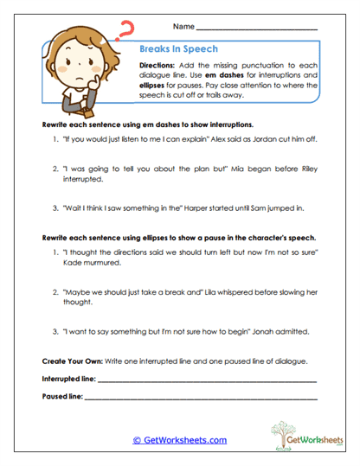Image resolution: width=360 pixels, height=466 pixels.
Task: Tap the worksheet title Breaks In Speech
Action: point(177,49)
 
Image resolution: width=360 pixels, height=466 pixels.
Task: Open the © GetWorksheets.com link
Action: point(179,440)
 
